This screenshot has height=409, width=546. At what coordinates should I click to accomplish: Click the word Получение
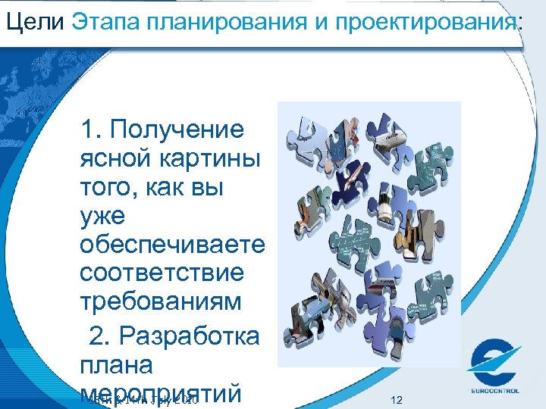[x=177, y=130]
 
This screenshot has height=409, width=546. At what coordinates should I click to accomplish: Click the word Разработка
[x=193, y=335]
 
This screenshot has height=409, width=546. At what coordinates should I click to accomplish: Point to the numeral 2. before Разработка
[x=100, y=335]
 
